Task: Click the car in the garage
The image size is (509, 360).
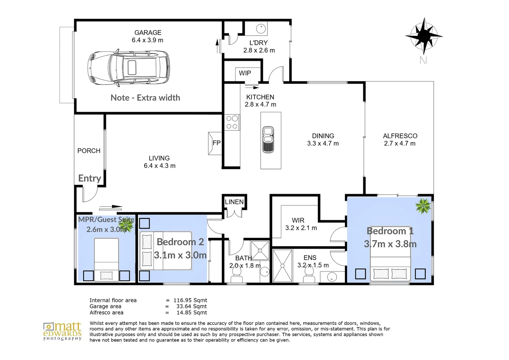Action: click(x=129, y=68)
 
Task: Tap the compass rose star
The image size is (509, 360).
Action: click(x=424, y=36)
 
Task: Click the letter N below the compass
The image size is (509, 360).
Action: click(x=423, y=60)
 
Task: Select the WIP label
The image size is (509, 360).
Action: click(x=245, y=73)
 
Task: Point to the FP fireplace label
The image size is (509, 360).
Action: click(x=217, y=143)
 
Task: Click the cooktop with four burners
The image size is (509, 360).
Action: click(x=232, y=122)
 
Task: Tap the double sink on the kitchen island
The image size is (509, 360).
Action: click(x=268, y=139)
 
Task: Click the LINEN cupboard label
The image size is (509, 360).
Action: click(x=234, y=202)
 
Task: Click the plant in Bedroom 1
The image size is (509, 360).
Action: click(x=423, y=206)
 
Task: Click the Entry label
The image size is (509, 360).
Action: click(x=90, y=178)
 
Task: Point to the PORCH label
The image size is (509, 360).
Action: click(x=89, y=151)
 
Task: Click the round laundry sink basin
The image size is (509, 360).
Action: click(x=261, y=29)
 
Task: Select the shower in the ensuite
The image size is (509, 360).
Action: click(x=282, y=266)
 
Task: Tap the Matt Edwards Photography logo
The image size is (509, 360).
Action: click(x=62, y=331)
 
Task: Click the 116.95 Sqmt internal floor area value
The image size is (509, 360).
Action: click(x=190, y=300)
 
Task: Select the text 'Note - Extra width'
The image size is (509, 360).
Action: click(x=145, y=98)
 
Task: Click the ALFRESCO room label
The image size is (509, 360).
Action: click(x=400, y=136)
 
